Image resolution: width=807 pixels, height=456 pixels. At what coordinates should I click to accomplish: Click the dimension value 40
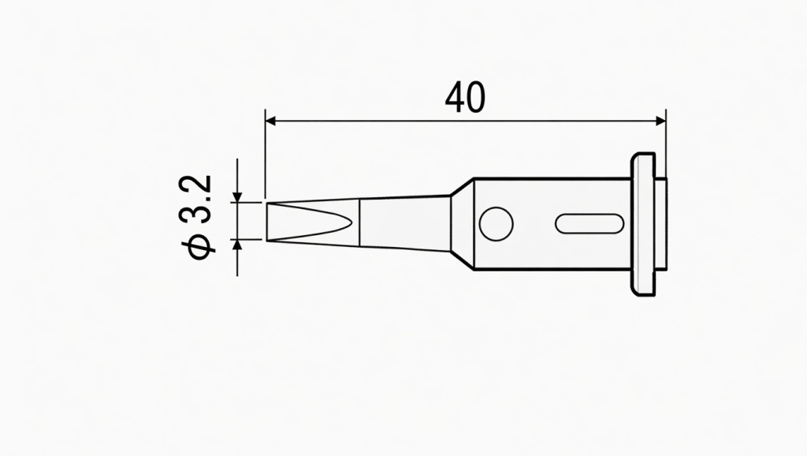pyautogui.click(x=465, y=97)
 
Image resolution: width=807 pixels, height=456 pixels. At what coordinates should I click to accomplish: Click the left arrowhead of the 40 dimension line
pyautogui.click(x=272, y=121)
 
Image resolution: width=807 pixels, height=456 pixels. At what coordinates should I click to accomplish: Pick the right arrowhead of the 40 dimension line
pyautogui.click(x=660, y=121)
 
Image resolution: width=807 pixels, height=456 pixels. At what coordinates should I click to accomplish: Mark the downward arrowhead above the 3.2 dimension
pyautogui.click(x=237, y=196)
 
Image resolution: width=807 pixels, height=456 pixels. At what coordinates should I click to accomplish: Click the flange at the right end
pyautogui.click(x=643, y=224)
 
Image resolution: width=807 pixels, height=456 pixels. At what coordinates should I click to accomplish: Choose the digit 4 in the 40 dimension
pyautogui.click(x=455, y=97)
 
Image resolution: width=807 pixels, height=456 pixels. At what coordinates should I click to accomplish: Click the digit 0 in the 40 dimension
pyautogui.click(x=475, y=97)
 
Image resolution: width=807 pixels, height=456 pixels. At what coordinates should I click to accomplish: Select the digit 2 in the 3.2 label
pyautogui.click(x=200, y=186)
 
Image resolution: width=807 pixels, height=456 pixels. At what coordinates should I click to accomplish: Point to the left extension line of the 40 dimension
pyautogui.click(x=266, y=158)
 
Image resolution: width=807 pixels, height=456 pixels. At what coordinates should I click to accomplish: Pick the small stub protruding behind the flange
pyautogui.click(x=662, y=224)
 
